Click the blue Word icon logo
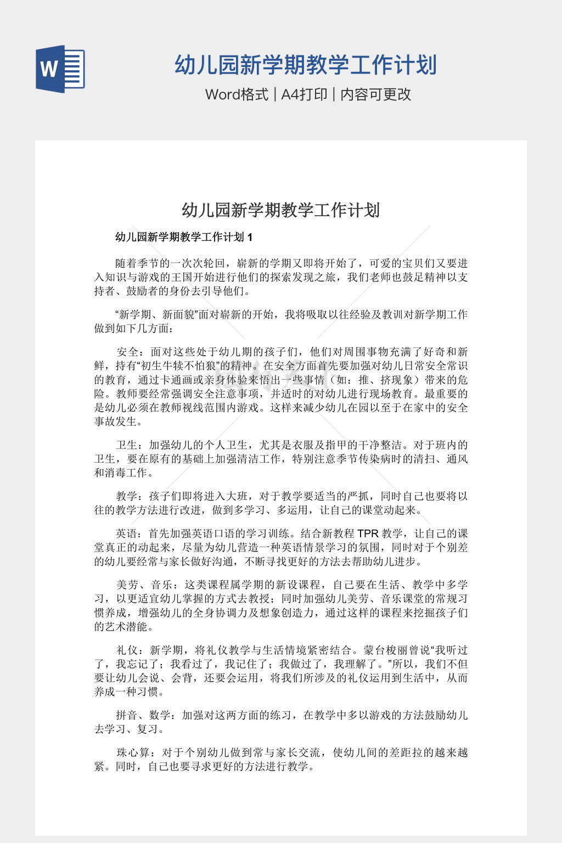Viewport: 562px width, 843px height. pyautogui.click(x=60, y=69)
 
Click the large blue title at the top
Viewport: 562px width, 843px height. pyautogui.click(x=306, y=65)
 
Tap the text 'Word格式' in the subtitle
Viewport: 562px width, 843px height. pyautogui.click(x=237, y=94)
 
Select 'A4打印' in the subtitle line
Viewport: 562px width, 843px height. pyautogui.click(x=304, y=94)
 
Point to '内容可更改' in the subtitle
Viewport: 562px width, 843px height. pyautogui.click(x=376, y=94)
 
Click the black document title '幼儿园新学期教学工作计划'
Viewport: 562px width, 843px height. pyautogui.click(x=280, y=210)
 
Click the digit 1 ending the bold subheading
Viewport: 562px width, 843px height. pyautogui.click(x=250, y=237)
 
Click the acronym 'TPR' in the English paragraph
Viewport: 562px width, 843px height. pyautogui.click(x=368, y=533)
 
